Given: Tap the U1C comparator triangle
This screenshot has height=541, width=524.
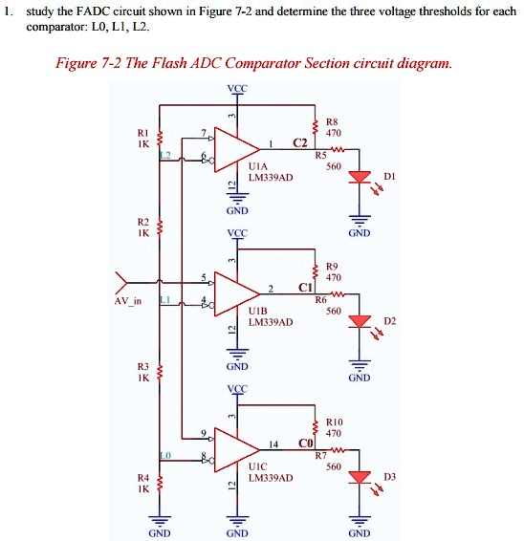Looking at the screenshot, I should (x=235, y=446).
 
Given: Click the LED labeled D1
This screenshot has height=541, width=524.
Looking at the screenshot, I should (x=360, y=178).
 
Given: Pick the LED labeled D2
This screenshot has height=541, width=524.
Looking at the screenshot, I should (x=360, y=321).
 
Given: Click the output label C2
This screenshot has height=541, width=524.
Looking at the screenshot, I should (x=300, y=143).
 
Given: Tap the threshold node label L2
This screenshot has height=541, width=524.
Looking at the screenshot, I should (x=164, y=155).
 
